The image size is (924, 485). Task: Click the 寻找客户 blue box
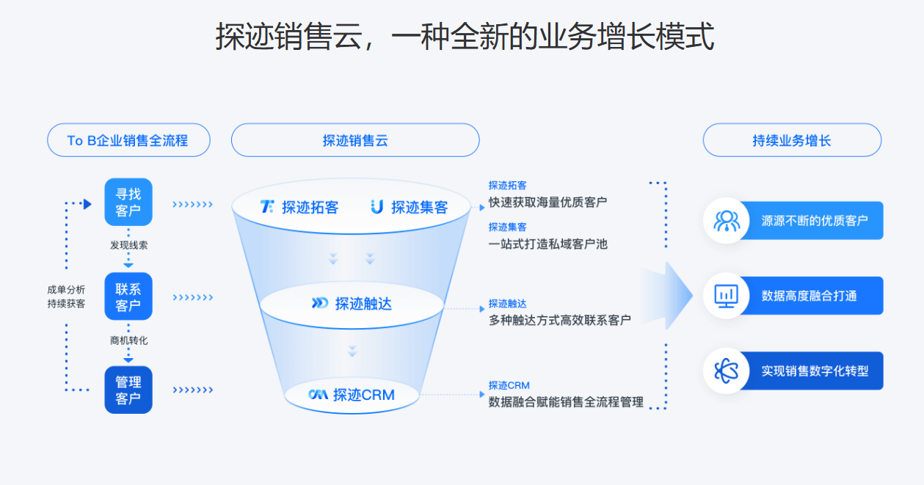tap(128, 202)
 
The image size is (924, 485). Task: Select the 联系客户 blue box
tap(128, 296)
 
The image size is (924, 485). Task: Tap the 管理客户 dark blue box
tap(128, 390)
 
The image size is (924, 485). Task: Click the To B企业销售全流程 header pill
tap(128, 140)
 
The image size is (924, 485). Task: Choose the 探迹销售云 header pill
tap(355, 140)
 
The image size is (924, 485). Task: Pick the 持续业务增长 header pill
tap(792, 140)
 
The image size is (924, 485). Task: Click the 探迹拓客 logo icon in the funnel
tap(267, 207)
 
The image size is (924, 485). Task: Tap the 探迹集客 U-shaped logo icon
tap(377, 207)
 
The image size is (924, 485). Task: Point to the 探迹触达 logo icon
tap(320, 303)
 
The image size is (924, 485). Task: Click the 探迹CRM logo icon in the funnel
tap(318, 395)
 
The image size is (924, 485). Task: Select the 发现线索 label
tap(128, 245)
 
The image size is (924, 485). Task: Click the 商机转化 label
tap(128, 340)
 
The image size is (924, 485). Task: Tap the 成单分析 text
tap(66, 290)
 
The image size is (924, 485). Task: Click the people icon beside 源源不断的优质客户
tap(727, 220)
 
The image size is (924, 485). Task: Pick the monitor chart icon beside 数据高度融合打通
tap(727, 296)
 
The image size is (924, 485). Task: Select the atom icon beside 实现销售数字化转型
tap(727, 371)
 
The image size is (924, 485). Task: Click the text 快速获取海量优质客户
tap(548, 202)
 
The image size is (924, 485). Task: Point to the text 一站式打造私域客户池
tap(548, 244)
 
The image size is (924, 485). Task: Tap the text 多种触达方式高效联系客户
tap(559, 320)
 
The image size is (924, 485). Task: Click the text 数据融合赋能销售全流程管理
tap(566, 401)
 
